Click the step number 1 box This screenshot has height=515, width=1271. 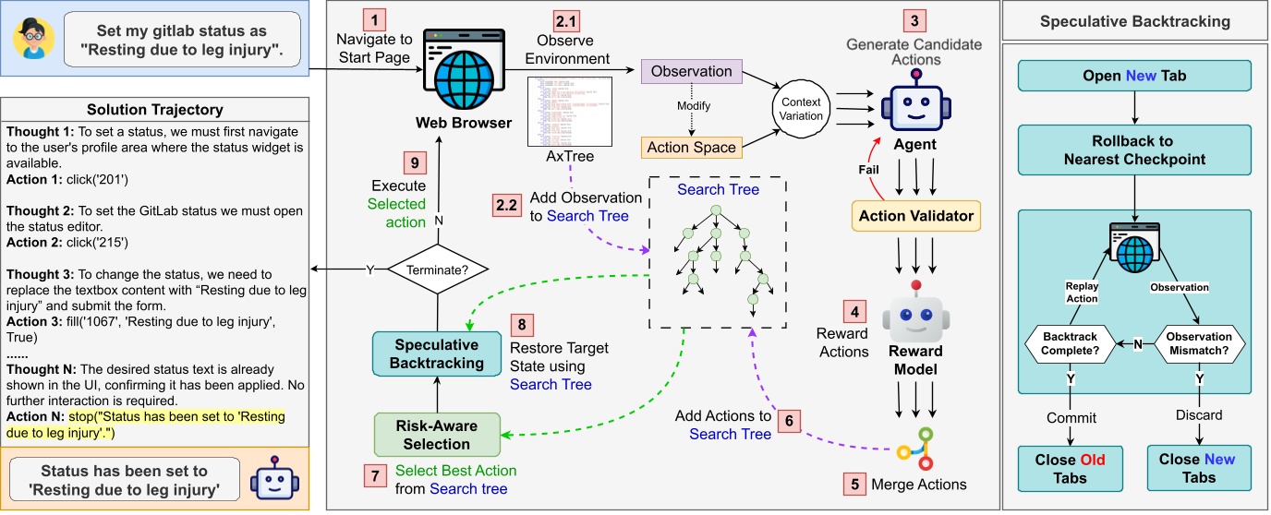[x=374, y=18]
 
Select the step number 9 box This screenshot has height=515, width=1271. [x=415, y=162]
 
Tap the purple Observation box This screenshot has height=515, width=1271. [x=692, y=71]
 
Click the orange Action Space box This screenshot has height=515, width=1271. [x=692, y=147]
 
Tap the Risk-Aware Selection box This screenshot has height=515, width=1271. [x=437, y=434]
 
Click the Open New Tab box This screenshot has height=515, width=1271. [x=1134, y=76]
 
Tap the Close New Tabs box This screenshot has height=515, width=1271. [x=1198, y=468]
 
